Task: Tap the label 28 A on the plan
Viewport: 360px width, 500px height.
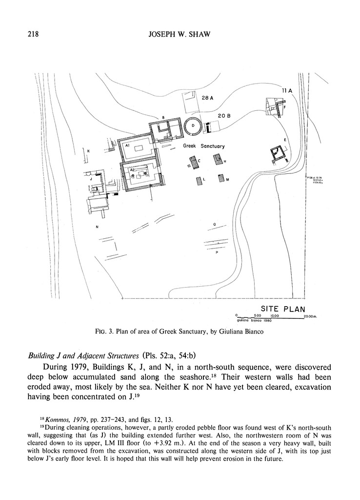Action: (x=208, y=98)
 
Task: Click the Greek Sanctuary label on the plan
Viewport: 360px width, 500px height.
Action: (x=204, y=146)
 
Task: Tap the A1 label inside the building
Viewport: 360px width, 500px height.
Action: (x=126, y=146)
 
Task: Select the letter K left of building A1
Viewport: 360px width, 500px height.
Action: (x=89, y=151)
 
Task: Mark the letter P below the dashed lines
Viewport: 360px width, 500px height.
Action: (x=216, y=259)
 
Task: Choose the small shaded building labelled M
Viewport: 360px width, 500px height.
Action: (x=221, y=178)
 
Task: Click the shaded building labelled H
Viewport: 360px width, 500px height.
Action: (x=216, y=159)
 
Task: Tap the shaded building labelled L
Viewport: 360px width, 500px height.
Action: (x=199, y=181)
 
